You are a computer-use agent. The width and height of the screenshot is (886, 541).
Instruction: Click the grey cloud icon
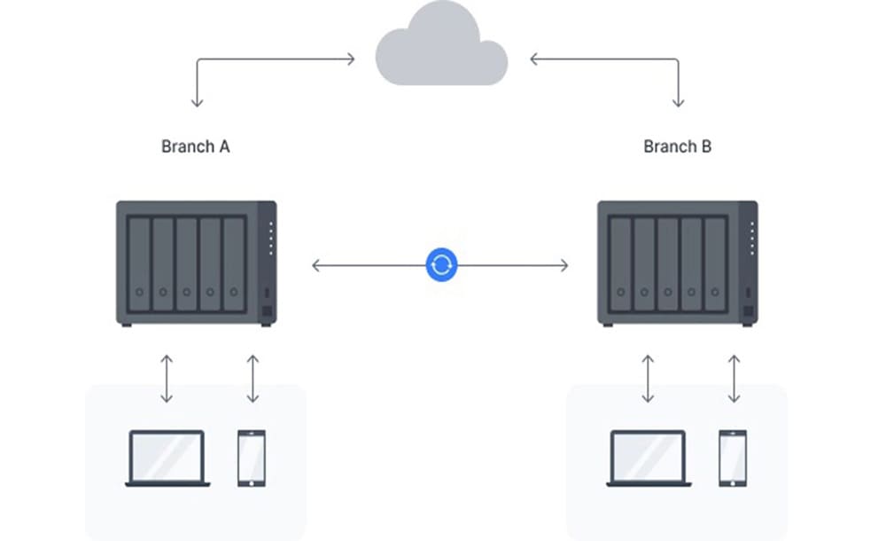(x=441, y=55)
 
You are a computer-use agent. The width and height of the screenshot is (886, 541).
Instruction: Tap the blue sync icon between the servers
(x=440, y=264)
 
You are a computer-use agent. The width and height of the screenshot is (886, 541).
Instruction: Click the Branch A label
(x=195, y=146)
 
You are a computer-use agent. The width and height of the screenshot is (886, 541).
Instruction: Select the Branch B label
(x=677, y=146)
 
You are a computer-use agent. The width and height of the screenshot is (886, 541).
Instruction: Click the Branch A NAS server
(x=196, y=263)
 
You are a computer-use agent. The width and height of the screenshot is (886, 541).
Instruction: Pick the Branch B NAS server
(x=678, y=263)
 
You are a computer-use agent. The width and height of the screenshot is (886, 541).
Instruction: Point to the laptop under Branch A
(x=167, y=458)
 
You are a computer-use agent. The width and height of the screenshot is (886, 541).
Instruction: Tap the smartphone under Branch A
(x=252, y=458)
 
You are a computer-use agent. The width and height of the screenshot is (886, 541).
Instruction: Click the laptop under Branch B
(x=649, y=458)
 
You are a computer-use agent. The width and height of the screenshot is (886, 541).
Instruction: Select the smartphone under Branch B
(x=733, y=458)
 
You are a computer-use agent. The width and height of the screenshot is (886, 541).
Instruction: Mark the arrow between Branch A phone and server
(x=253, y=379)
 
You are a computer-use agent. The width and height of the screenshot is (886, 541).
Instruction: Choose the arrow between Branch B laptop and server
(x=649, y=379)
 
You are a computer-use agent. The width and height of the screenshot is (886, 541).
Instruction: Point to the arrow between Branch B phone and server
(x=734, y=379)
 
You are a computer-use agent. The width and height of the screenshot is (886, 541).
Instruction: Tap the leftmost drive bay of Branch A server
(x=139, y=263)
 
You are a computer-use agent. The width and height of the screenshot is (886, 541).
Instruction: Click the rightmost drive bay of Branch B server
(x=715, y=263)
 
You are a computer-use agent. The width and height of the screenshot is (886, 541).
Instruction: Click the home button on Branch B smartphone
(x=733, y=482)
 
